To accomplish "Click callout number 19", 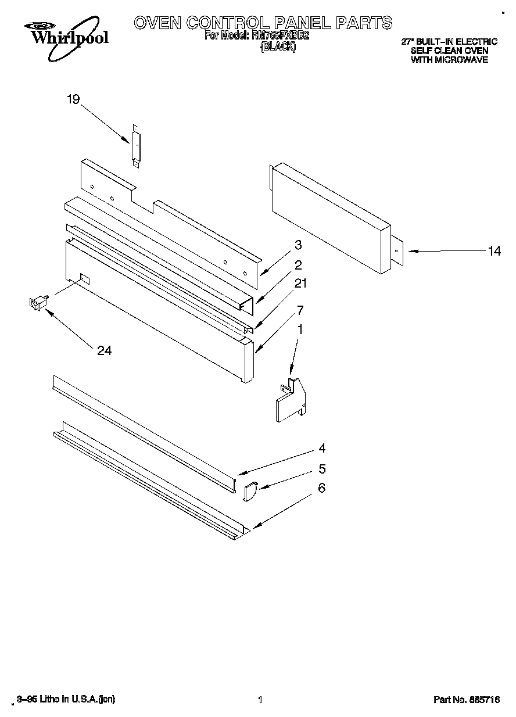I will click(x=73, y=100).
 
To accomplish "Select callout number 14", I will click(x=494, y=251).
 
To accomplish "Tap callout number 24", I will click(x=105, y=350).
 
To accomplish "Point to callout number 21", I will click(x=300, y=284).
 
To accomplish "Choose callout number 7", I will click(x=300, y=309).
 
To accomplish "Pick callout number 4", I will click(x=321, y=448).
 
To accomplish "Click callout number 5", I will click(x=321, y=469).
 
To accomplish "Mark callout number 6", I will click(x=321, y=488).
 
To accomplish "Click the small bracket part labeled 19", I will click(x=136, y=147).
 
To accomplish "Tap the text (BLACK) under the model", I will click(x=278, y=48).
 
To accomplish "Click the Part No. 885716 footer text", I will click(x=467, y=700).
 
